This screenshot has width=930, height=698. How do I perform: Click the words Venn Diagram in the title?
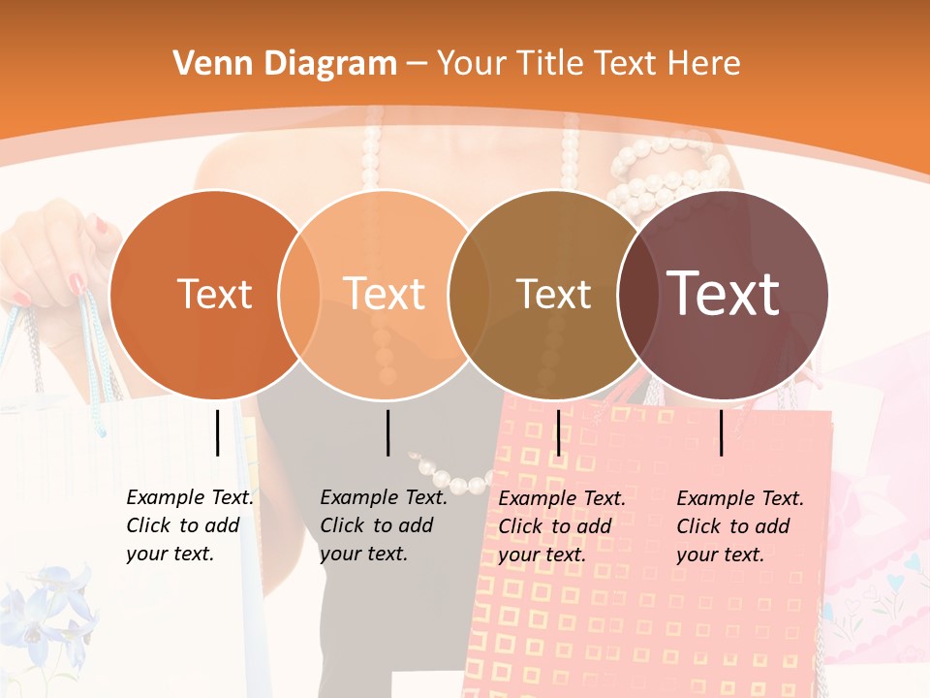(285, 64)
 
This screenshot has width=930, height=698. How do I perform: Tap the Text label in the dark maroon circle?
(723, 294)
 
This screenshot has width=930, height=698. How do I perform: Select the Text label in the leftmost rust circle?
(214, 294)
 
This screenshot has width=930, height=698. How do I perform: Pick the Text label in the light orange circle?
(385, 294)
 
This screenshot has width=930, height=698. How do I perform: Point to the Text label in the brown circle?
(553, 294)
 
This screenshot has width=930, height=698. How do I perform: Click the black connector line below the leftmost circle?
(217, 432)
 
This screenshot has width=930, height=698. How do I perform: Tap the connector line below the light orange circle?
(387, 432)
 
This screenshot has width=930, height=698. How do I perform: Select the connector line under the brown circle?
(558, 432)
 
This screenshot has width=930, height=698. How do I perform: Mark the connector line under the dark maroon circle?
(722, 432)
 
